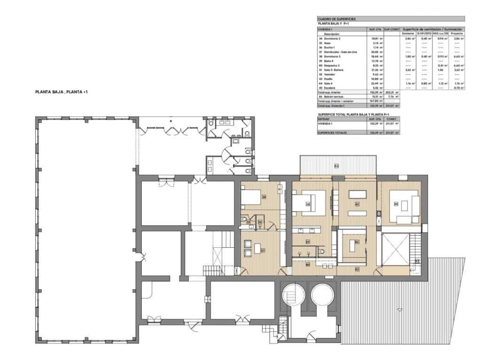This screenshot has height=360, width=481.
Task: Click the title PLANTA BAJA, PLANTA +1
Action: [61, 92]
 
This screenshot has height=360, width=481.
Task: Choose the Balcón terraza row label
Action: [334, 97]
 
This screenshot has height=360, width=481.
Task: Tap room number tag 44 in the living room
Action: [396, 204]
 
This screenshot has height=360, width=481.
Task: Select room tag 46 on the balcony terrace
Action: [336, 166]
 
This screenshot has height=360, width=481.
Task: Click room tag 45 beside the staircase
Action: [417, 261]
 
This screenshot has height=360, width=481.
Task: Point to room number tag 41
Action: [357, 204]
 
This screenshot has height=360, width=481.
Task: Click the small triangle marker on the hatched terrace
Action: [399, 309]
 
